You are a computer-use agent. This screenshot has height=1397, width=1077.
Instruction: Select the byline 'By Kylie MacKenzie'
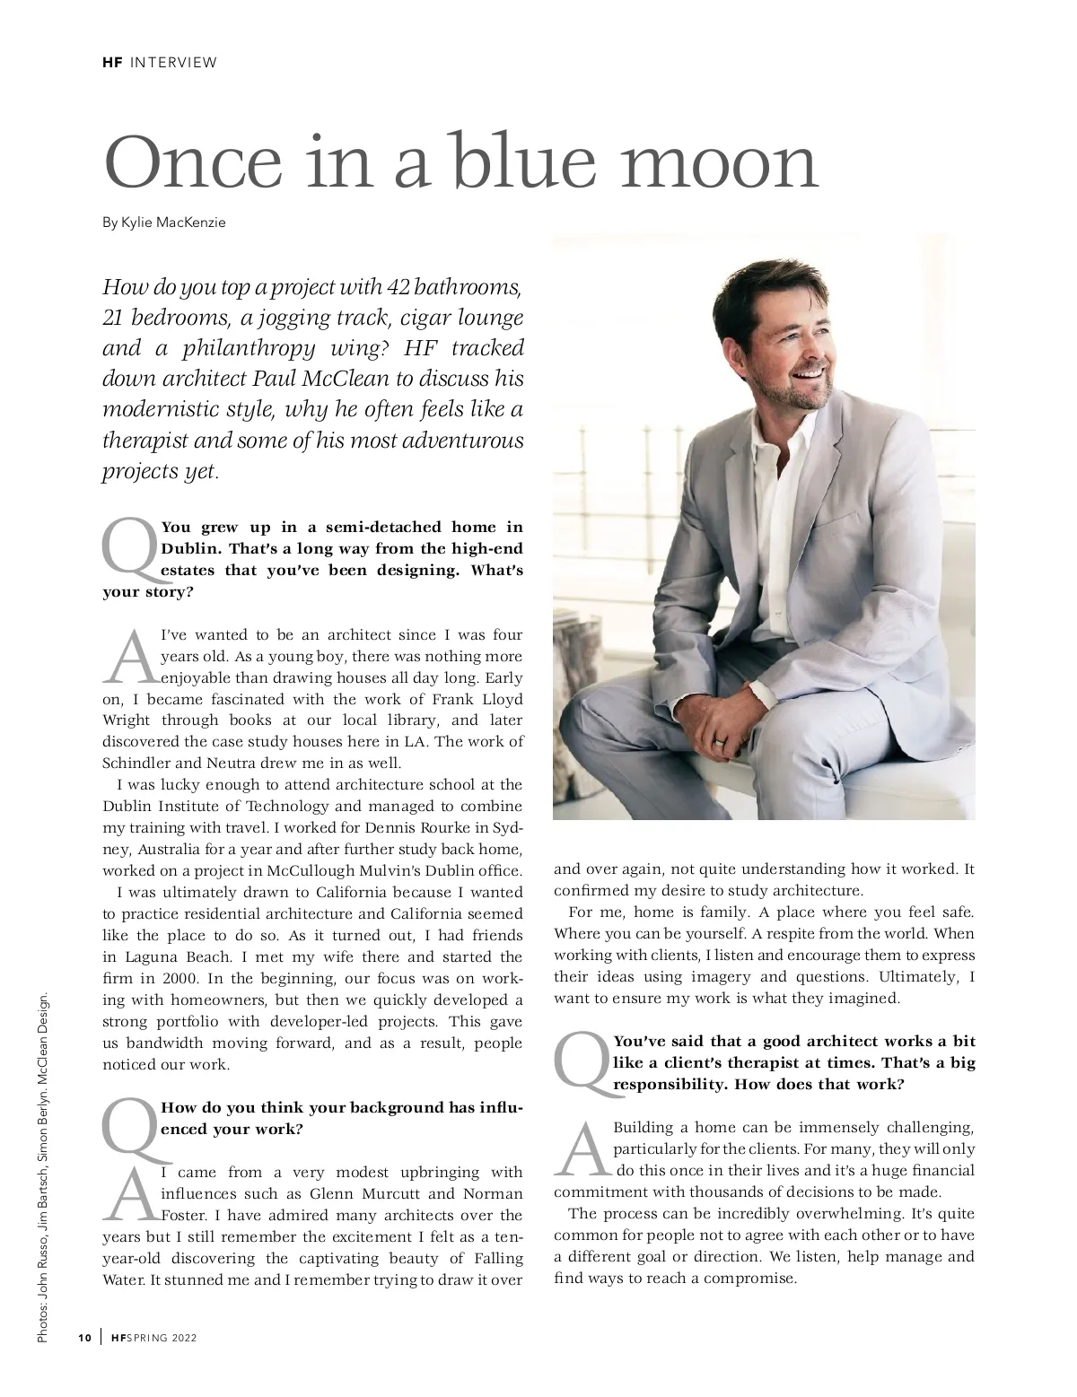tap(164, 223)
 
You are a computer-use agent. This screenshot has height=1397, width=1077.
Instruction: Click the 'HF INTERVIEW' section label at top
tap(160, 62)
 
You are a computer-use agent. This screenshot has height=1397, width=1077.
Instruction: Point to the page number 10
tap(84, 1339)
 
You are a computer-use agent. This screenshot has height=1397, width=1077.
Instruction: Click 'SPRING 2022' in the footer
tap(162, 1339)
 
